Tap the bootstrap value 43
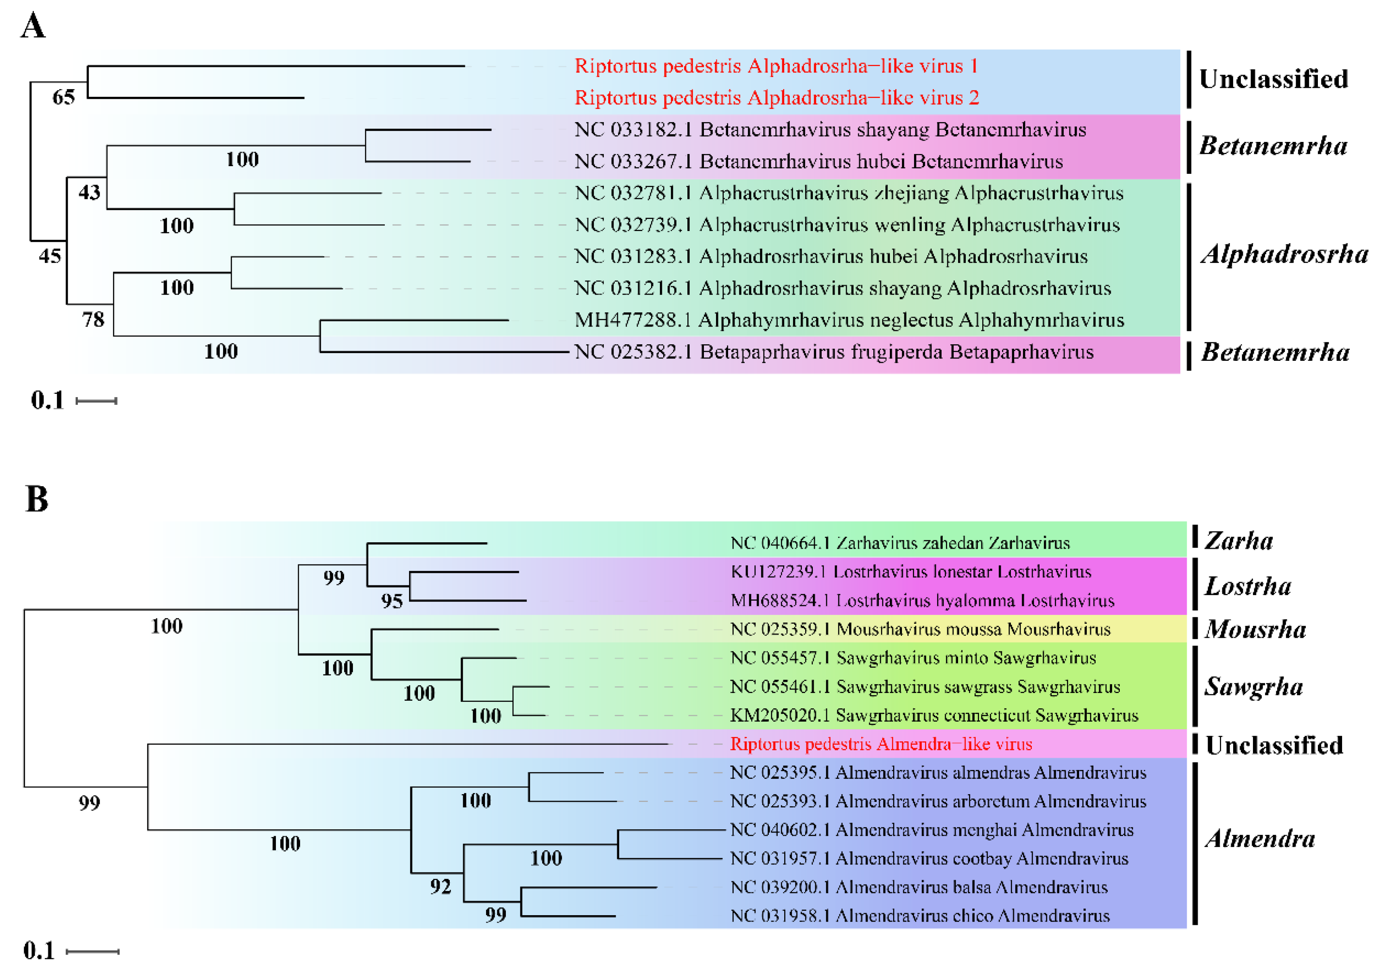89,192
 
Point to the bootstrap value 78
93,320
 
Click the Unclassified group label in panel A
1273,79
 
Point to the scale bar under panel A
96,401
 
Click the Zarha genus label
1238,541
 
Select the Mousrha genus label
1255,629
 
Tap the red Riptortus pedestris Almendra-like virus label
881,744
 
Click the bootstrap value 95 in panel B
391,601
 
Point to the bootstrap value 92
440,886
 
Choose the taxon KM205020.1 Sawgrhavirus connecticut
933,716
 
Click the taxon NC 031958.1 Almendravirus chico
920,916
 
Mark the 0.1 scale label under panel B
38,951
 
